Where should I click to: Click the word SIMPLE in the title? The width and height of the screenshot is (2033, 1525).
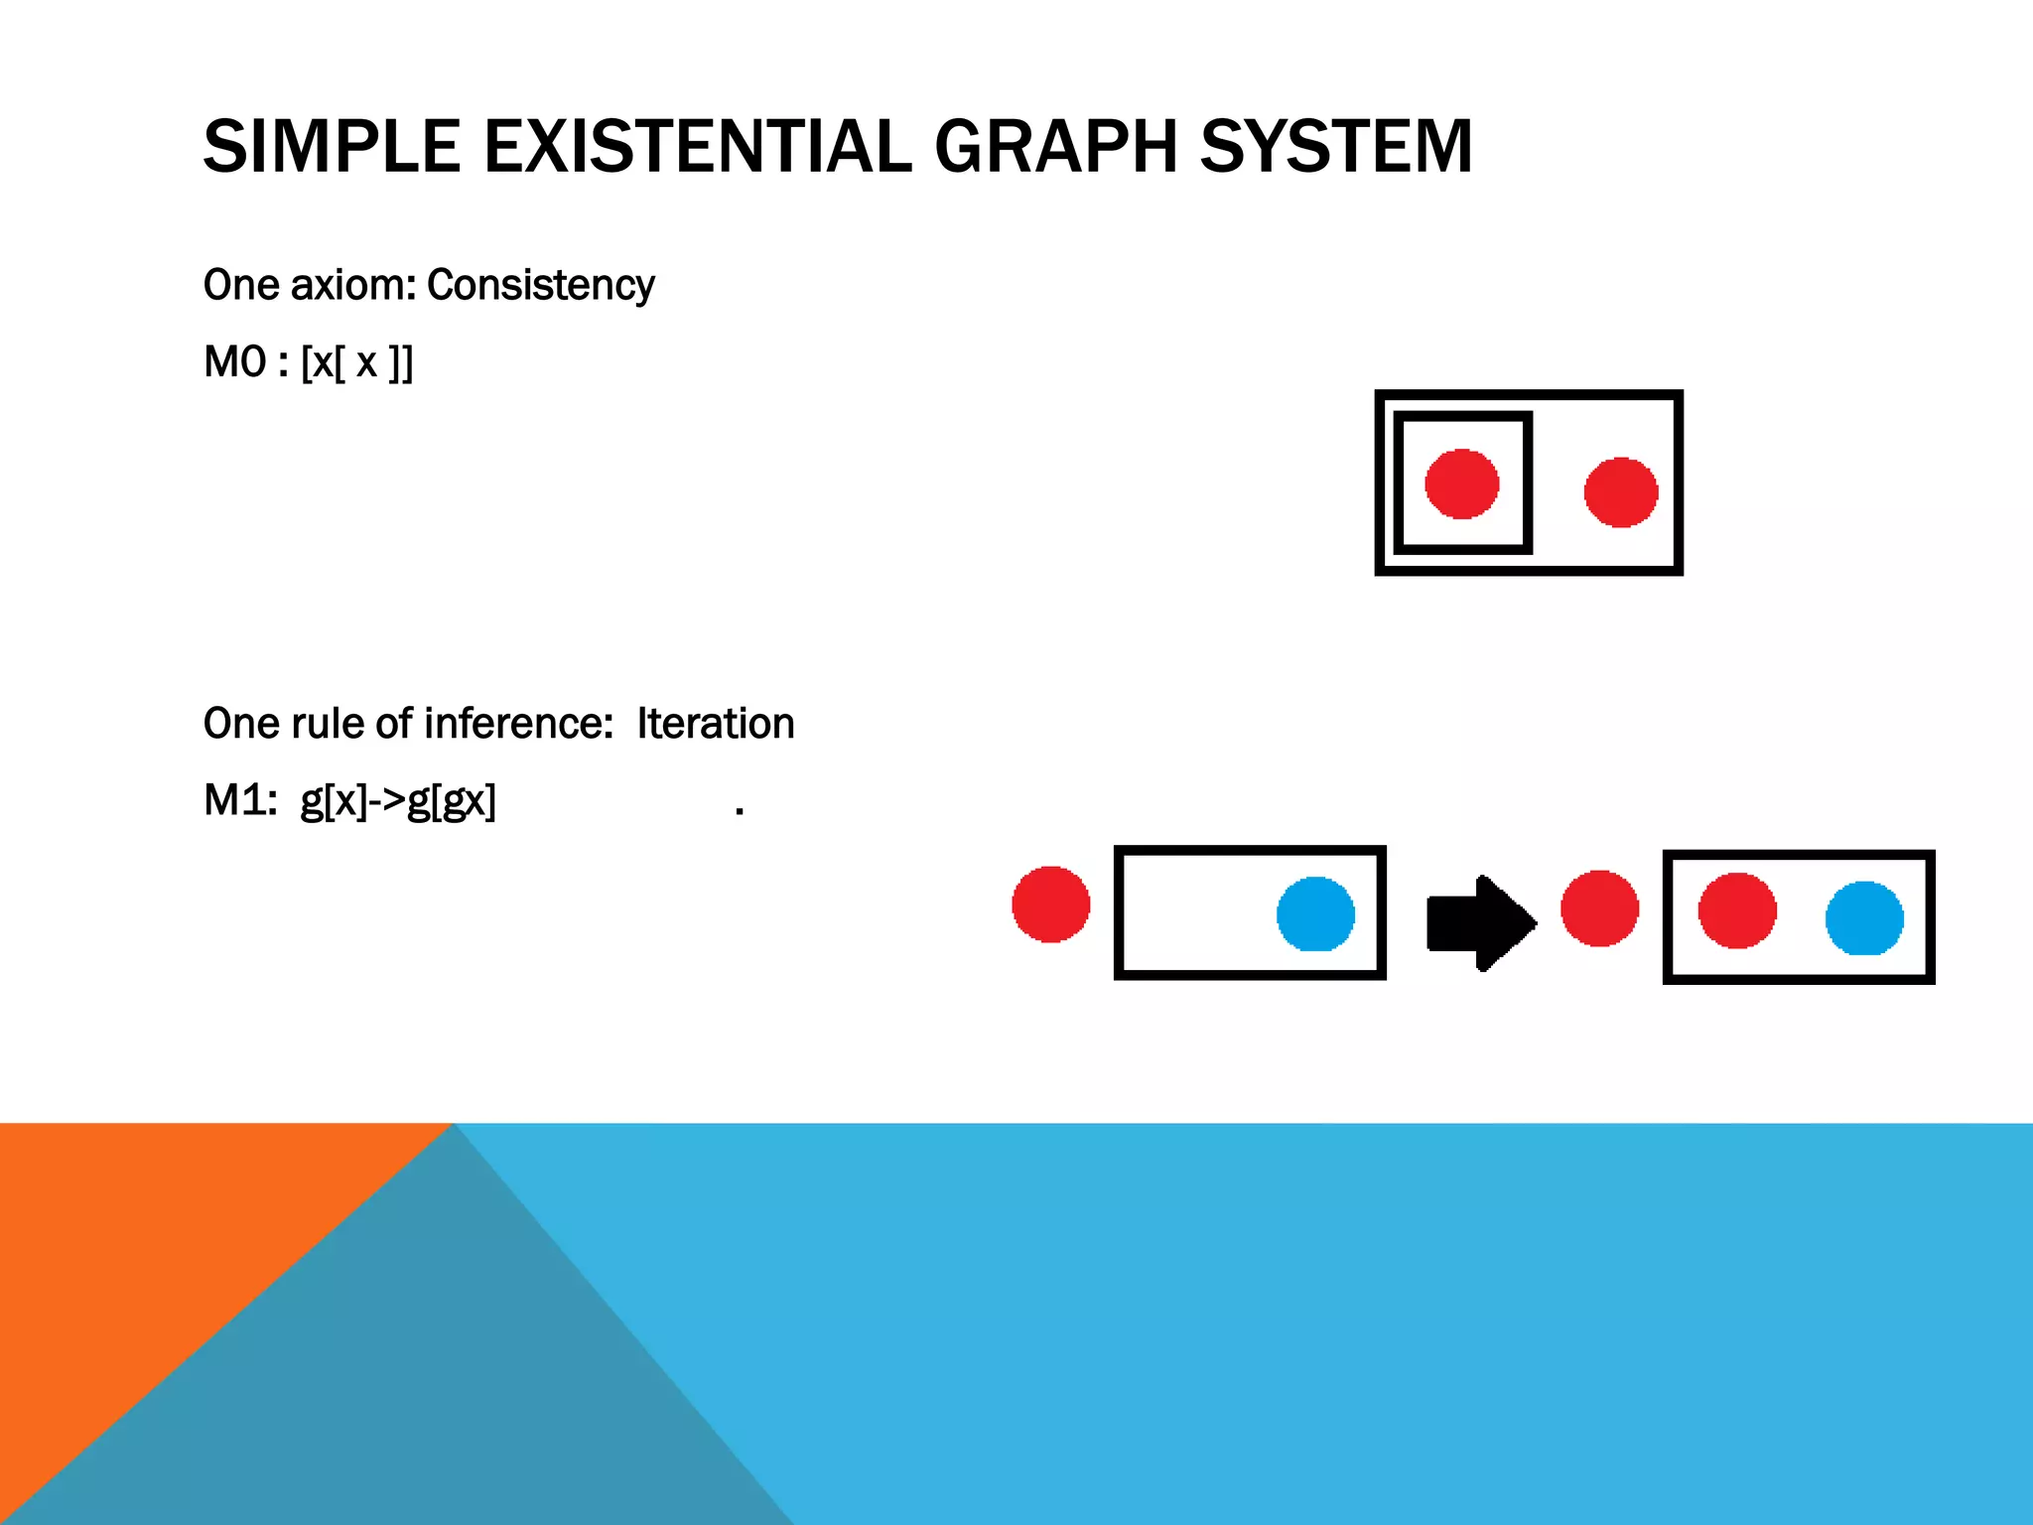[332, 147]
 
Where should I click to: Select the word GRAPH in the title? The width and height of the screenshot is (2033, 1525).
[1055, 147]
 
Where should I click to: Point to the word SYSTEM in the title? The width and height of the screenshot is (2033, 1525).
[1336, 147]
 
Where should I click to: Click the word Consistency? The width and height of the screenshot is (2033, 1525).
[541, 286]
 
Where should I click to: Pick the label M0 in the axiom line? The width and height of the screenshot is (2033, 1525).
[235, 362]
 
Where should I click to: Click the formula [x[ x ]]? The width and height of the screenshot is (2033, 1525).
[356, 363]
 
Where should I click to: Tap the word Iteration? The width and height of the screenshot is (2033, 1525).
[716, 724]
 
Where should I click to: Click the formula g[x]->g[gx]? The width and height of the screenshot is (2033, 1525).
[398, 801]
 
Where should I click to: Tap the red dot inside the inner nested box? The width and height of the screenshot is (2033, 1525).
[1461, 484]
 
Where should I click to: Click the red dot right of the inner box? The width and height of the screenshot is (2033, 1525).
[1620, 491]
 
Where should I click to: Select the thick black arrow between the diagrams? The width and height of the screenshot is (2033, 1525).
[1479, 922]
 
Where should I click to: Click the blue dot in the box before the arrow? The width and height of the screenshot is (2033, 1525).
[1315, 913]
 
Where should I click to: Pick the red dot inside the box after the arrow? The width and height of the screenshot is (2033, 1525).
[1736, 910]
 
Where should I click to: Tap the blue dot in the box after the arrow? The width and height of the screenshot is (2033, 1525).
[1863, 918]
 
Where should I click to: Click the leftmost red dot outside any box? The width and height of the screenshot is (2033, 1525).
[1050, 903]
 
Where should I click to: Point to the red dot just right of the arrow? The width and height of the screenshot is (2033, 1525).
[1598, 907]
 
